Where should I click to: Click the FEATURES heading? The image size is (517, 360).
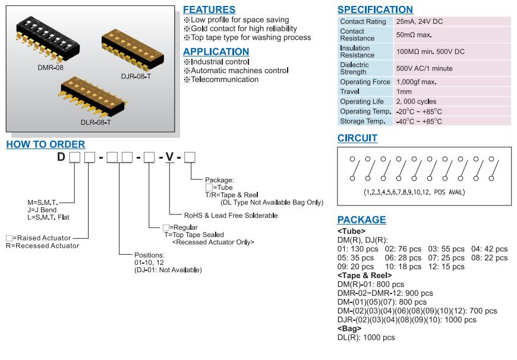tap(209, 10)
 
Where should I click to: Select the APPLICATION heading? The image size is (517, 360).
tap(216, 52)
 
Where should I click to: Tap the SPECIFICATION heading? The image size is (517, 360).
tap(375, 10)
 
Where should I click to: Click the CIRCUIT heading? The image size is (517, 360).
tap(357, 138)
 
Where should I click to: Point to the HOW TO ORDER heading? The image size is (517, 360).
tap(45, 144)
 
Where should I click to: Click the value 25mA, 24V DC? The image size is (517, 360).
tap(420, 21)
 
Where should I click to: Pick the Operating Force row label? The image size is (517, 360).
tap(365, 82)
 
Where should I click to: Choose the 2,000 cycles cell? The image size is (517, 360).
tap(416, 102)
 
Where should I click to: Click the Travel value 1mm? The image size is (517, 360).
tap(404, 91)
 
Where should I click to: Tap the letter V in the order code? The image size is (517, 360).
tap(170, 157)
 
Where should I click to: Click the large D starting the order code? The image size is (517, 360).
tap(61, 157)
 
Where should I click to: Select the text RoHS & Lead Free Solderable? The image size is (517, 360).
tap(231, 216)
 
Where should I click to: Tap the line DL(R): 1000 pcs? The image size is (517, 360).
tap(365, 337)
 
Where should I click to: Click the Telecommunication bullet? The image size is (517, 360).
tap(224, 80)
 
